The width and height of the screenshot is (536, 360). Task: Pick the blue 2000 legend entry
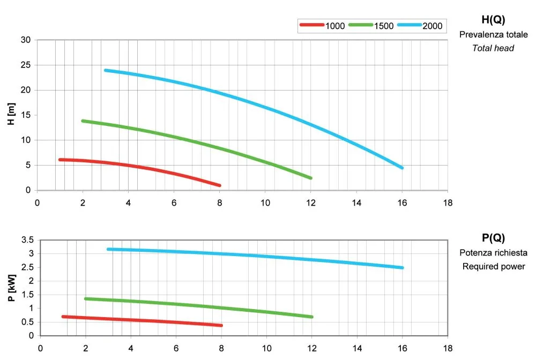421,25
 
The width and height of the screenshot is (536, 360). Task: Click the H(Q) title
493,20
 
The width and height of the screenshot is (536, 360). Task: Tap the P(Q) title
493,238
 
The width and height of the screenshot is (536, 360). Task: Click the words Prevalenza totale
493,35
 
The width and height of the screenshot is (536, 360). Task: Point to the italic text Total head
493,48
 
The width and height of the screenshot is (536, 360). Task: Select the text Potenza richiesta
493,253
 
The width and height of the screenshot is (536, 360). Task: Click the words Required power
493,266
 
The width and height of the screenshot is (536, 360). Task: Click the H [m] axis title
10,115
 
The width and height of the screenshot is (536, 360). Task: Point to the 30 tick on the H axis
26,40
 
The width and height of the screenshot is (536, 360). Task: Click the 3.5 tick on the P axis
27,239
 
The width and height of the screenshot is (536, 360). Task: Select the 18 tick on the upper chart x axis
448,202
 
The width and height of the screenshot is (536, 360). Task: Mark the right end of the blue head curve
401,168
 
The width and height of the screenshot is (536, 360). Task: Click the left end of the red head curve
60,160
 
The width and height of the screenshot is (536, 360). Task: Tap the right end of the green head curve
310,178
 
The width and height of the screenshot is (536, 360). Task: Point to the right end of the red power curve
221,325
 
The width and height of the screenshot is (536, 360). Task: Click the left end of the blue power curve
108,249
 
